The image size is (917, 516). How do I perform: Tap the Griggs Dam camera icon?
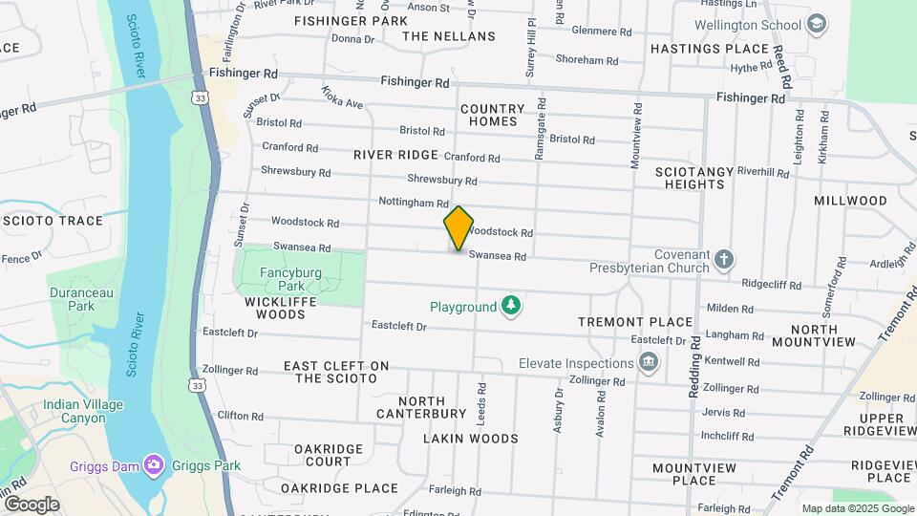tap(154, 465)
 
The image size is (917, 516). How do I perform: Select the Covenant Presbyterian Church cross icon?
tap(725, 259)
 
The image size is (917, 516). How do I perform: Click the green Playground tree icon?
tap(513, 306)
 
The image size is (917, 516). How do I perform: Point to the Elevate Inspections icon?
tap(649, 362)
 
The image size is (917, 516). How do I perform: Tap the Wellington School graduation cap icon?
tap(816, 24)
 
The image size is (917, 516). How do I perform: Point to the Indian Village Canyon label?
tap(83, 411)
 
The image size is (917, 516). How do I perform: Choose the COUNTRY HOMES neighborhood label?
tap(493, 115)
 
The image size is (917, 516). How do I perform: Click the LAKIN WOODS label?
tap(471, 439)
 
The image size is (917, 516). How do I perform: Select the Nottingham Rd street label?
tap(414, 203)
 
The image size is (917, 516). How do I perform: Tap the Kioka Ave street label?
tap(342, 97)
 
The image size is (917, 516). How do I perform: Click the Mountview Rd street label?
tap(637, 133)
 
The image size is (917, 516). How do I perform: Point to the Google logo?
tap(32, 504)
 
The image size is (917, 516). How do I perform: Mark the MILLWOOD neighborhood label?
tap(850, 201)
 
